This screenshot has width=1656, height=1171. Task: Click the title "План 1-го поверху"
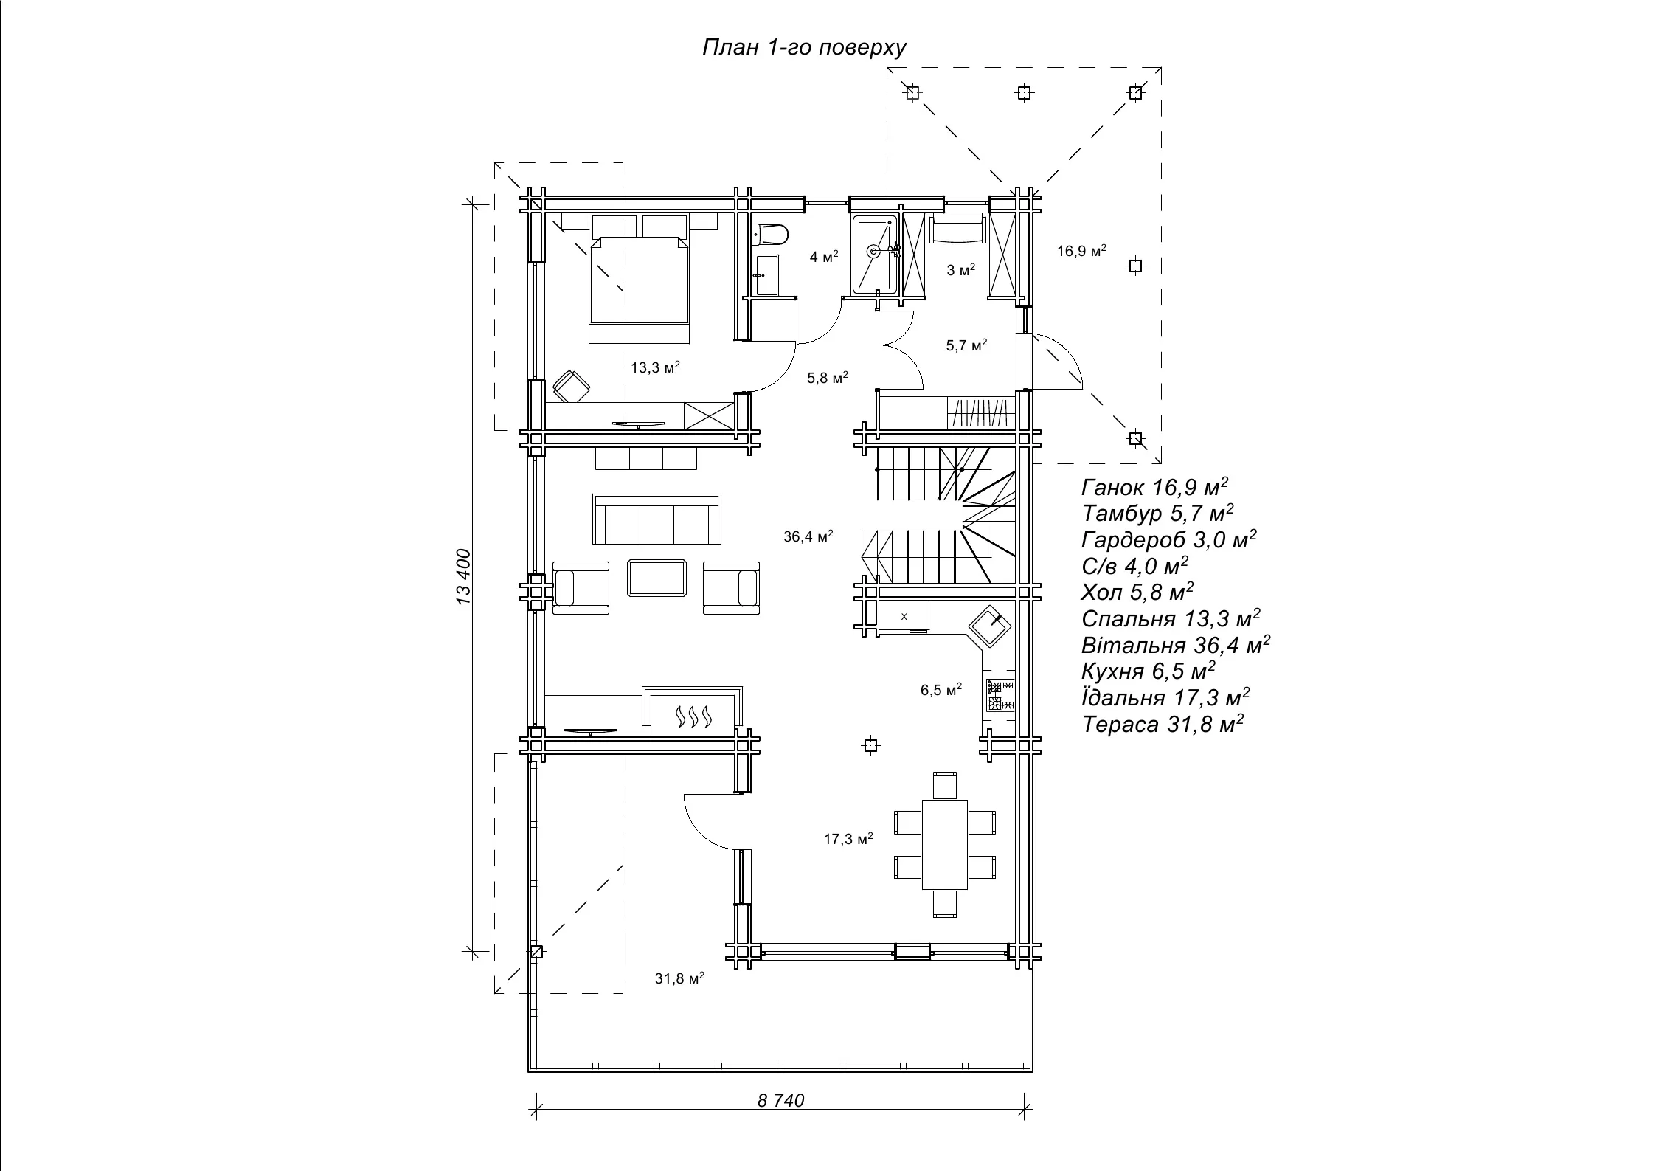(x=804, y=48)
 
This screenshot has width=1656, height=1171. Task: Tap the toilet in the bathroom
(x=770, y=235)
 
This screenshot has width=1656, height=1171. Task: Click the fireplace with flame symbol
(x=693, y=712)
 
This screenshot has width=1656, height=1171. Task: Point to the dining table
(x=945, y=844)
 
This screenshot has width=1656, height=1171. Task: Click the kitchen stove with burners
(x=1001, y=695)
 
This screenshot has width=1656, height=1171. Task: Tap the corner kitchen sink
(x=989, y=626)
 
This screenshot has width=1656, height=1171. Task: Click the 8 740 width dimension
(x=780, y=1122)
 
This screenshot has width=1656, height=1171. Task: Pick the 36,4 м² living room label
(x=808, y=536)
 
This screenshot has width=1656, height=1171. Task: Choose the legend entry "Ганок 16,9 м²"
(x=1155, y=487)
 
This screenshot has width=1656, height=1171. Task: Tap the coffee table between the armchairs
(x=657, y=578)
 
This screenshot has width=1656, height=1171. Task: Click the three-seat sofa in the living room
(x=657, y=519)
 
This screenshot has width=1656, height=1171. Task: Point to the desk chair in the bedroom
(x=572, y=386)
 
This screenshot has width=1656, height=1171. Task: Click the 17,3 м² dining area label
(x=848, y=839)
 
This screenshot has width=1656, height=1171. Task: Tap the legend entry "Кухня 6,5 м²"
(x=1149, y=671)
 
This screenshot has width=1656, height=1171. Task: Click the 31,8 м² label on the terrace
(x=679, y=978)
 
